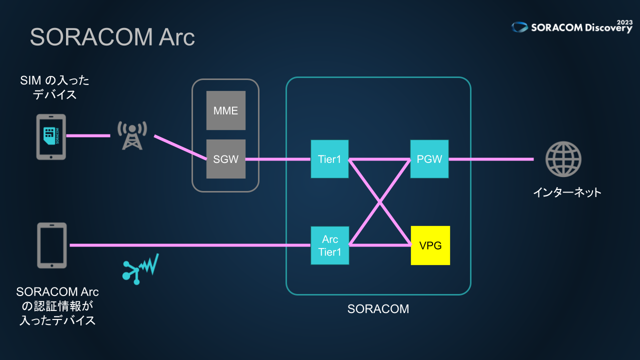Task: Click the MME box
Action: pos(226,110)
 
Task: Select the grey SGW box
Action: pos(226,159)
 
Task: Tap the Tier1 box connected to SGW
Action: pos(329,159)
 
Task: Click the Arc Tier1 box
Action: pos(329,245)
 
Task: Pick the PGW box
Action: pos(429,159)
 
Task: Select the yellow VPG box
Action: pos(430,245)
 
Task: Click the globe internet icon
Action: pos(563,159)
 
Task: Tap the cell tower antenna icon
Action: pos(132,135)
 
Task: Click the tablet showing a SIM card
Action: pos(51,136)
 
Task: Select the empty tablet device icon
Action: pos(51,245)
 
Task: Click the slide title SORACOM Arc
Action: pos(112,37)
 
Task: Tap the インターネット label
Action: pos(566,192)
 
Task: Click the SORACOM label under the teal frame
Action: pos(378,309)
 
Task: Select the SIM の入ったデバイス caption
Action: pos(54,87)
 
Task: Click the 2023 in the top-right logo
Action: pos(624,22)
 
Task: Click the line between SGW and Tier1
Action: pos(278,159)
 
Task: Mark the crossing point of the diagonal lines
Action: pos(380,202)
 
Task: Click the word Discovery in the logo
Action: pos(607,28)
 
